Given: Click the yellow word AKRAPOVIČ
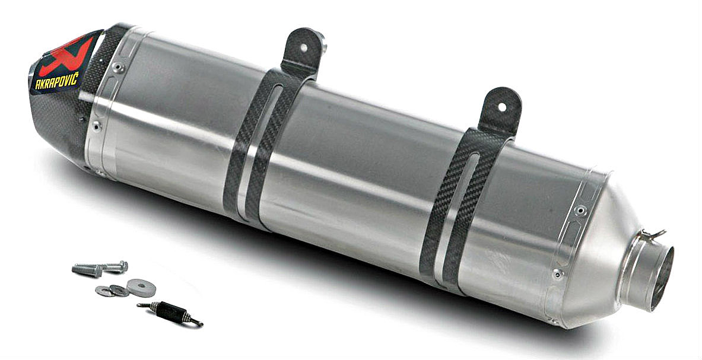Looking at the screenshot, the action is pos(57,80).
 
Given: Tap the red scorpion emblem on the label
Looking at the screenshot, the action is pos(66,56).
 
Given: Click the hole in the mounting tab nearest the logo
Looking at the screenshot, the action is pos(304,47).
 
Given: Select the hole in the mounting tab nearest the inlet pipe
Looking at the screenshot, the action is pos(502,107).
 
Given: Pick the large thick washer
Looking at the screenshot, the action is pos(141,288).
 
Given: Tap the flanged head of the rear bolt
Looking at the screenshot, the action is pos(121,266).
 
